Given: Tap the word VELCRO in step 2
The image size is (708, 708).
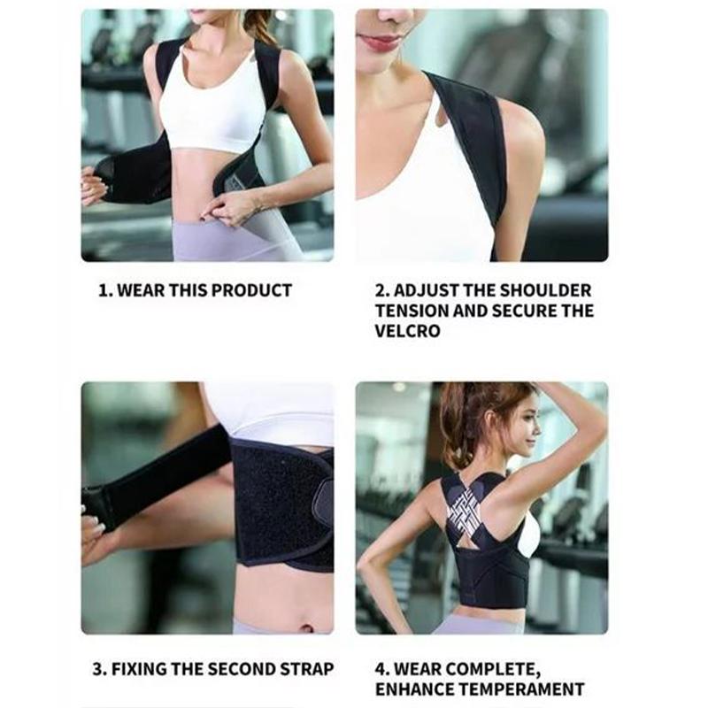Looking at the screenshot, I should pyautogui.click(x=407, y=332).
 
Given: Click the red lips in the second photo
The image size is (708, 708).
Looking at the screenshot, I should pyautogui.click(x=381, y=42).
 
